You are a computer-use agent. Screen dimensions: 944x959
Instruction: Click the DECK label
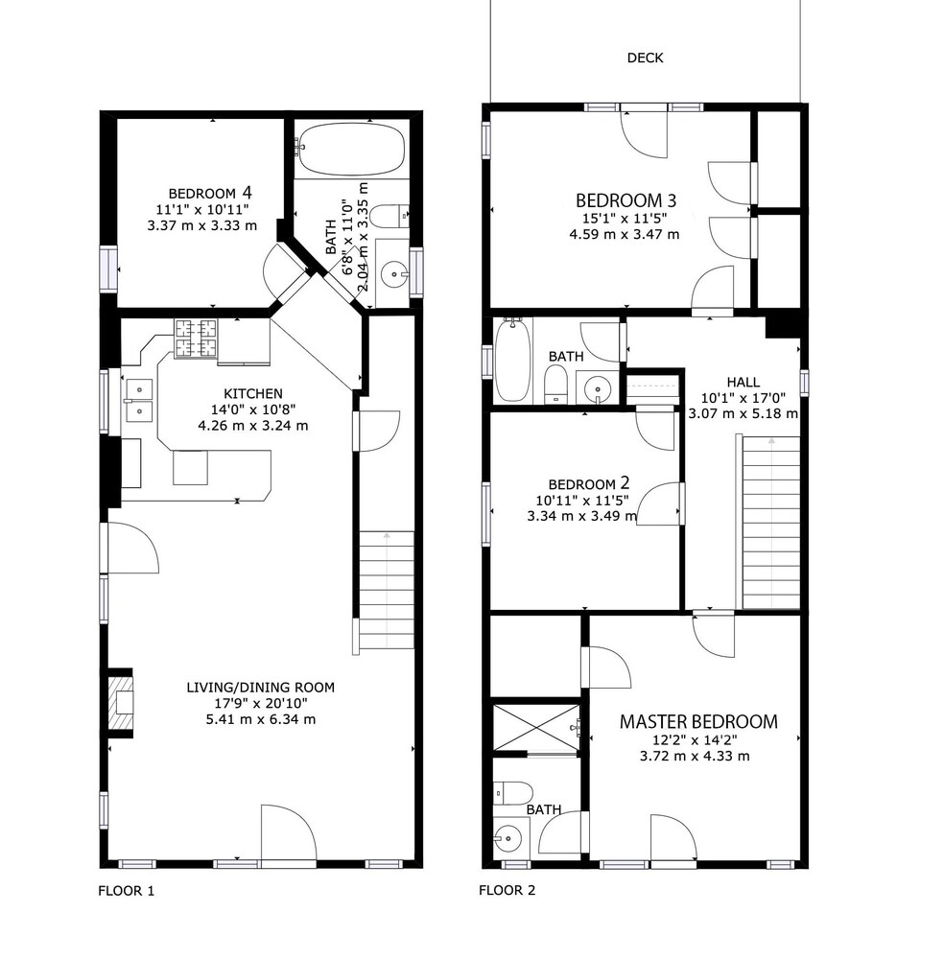click(x=645, y=58)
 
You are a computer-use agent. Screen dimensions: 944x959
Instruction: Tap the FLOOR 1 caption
click(x=126, y=891)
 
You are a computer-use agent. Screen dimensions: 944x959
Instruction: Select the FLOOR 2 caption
click(x=507, y=890)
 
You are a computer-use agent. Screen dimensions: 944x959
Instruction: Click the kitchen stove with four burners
click(x=196, y=339)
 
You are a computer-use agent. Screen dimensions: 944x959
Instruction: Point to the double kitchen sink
click(x=139, y=401)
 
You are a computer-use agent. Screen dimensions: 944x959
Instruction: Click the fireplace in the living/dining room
click(x=120, y=703)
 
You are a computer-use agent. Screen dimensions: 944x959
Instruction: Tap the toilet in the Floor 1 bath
click(x=389, y=216)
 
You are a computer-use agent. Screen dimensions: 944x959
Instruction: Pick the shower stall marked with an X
click(x=536, y=727)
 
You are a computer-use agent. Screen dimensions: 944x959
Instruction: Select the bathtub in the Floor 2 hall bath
click(x=511, y=360)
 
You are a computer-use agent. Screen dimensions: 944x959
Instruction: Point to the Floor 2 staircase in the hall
click(x=770, y=523)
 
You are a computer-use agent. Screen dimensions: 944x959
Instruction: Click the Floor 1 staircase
click(x=386, y=590)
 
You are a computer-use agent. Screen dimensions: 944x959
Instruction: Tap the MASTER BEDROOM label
click(x=698, y=722)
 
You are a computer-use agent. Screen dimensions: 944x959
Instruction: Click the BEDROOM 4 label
click(x=210, y=194)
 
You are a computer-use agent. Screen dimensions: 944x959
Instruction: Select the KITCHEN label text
click(x=253, y=393)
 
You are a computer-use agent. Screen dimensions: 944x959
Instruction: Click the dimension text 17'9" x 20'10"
click(x=261, y=703)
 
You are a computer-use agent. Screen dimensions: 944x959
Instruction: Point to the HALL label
click(x=743, y=383)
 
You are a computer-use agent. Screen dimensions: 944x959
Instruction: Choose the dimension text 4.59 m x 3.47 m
click(x=624, y=234)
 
